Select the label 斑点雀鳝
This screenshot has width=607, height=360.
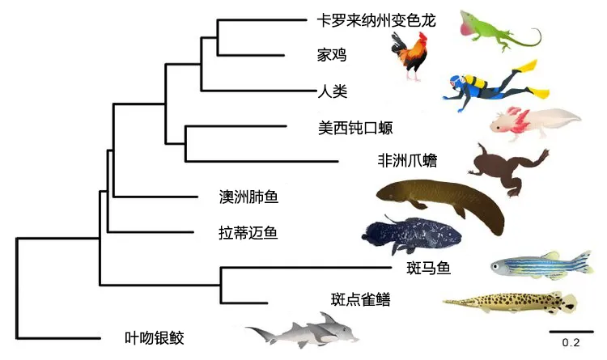(361, 301)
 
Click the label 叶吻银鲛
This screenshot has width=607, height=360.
(160, 337)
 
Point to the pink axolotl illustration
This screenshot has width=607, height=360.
(531, 121)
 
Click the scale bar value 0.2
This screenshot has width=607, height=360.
(571, 342)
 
